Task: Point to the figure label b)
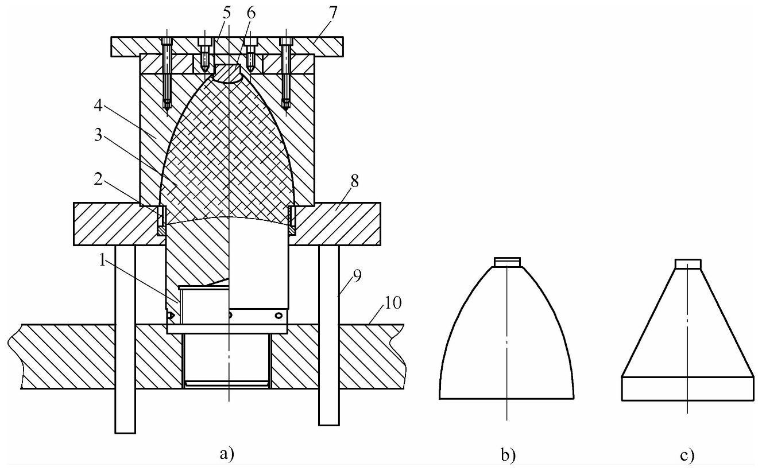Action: click(x=508, y=456)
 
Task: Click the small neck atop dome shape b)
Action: click(x=508, y=262)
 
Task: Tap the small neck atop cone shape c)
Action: click(x=687, y=264)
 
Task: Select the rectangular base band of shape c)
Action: click(x=687, y=388)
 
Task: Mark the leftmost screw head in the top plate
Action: click(x=167, y=41)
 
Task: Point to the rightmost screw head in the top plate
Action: click(x=286, y=41)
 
